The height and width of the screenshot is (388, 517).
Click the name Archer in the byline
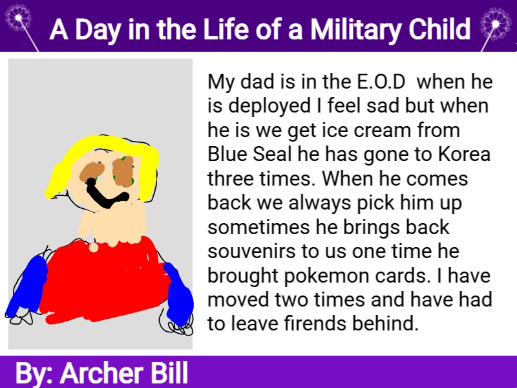point(101,373)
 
